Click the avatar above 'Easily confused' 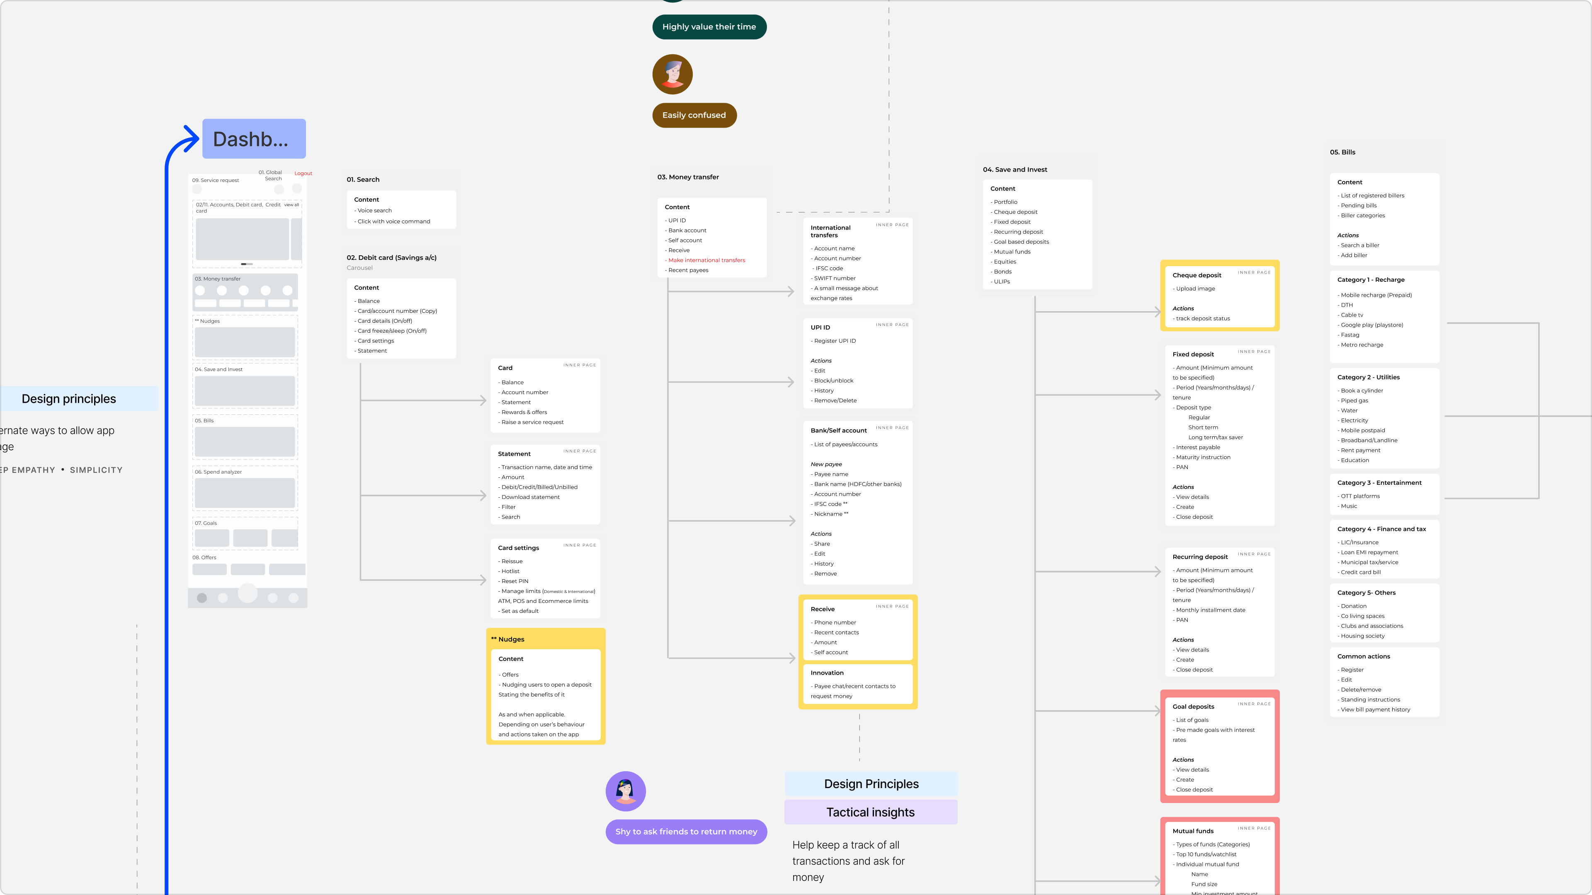[x=672, y=75]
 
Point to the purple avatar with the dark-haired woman [x=626, y=791]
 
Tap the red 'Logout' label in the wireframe [x=303, y=174]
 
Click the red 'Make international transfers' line [x=706, y=261]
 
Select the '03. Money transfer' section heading [x=688, y=177]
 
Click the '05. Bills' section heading [x=1342, y=152]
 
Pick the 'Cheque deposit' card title [x=1196, y=276]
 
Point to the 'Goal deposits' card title [x=1193, y=706]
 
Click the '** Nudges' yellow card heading [x=507, y=639]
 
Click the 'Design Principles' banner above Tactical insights [x=871, y=784]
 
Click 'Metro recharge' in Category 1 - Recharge [x=1361, y=345]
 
